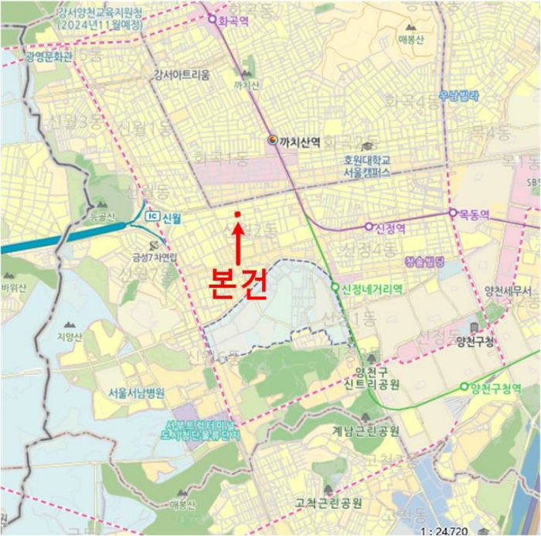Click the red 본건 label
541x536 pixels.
(238, 284)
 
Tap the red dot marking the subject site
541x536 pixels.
(237, 214)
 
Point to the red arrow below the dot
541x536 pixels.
(238, 241)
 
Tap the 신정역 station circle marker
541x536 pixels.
(369, 227)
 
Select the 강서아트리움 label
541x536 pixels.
(187, 75)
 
